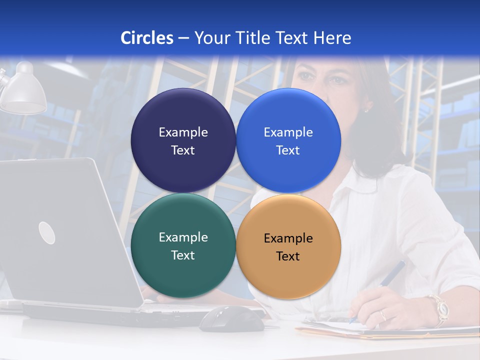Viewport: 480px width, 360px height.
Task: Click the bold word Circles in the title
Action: [147, 38]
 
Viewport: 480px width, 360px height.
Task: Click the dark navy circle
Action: [183, 115]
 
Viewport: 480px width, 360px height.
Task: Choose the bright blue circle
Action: [288, 115]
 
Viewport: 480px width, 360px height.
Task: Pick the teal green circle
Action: [183, 270]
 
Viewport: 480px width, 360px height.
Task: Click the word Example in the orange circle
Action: [288, 238]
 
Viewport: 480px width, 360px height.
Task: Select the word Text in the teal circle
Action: [183, 255]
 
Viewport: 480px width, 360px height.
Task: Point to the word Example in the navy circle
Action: [183, 132]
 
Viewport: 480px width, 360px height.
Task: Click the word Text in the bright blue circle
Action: [288, 150]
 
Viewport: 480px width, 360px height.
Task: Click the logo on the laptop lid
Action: [46, 232]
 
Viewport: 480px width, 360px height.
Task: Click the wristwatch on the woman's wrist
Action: [439, 307]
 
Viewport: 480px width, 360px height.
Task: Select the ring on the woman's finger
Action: [382, 315]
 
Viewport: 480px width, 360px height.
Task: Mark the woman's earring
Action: [366, 108]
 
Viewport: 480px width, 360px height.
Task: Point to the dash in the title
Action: [183, 38]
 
